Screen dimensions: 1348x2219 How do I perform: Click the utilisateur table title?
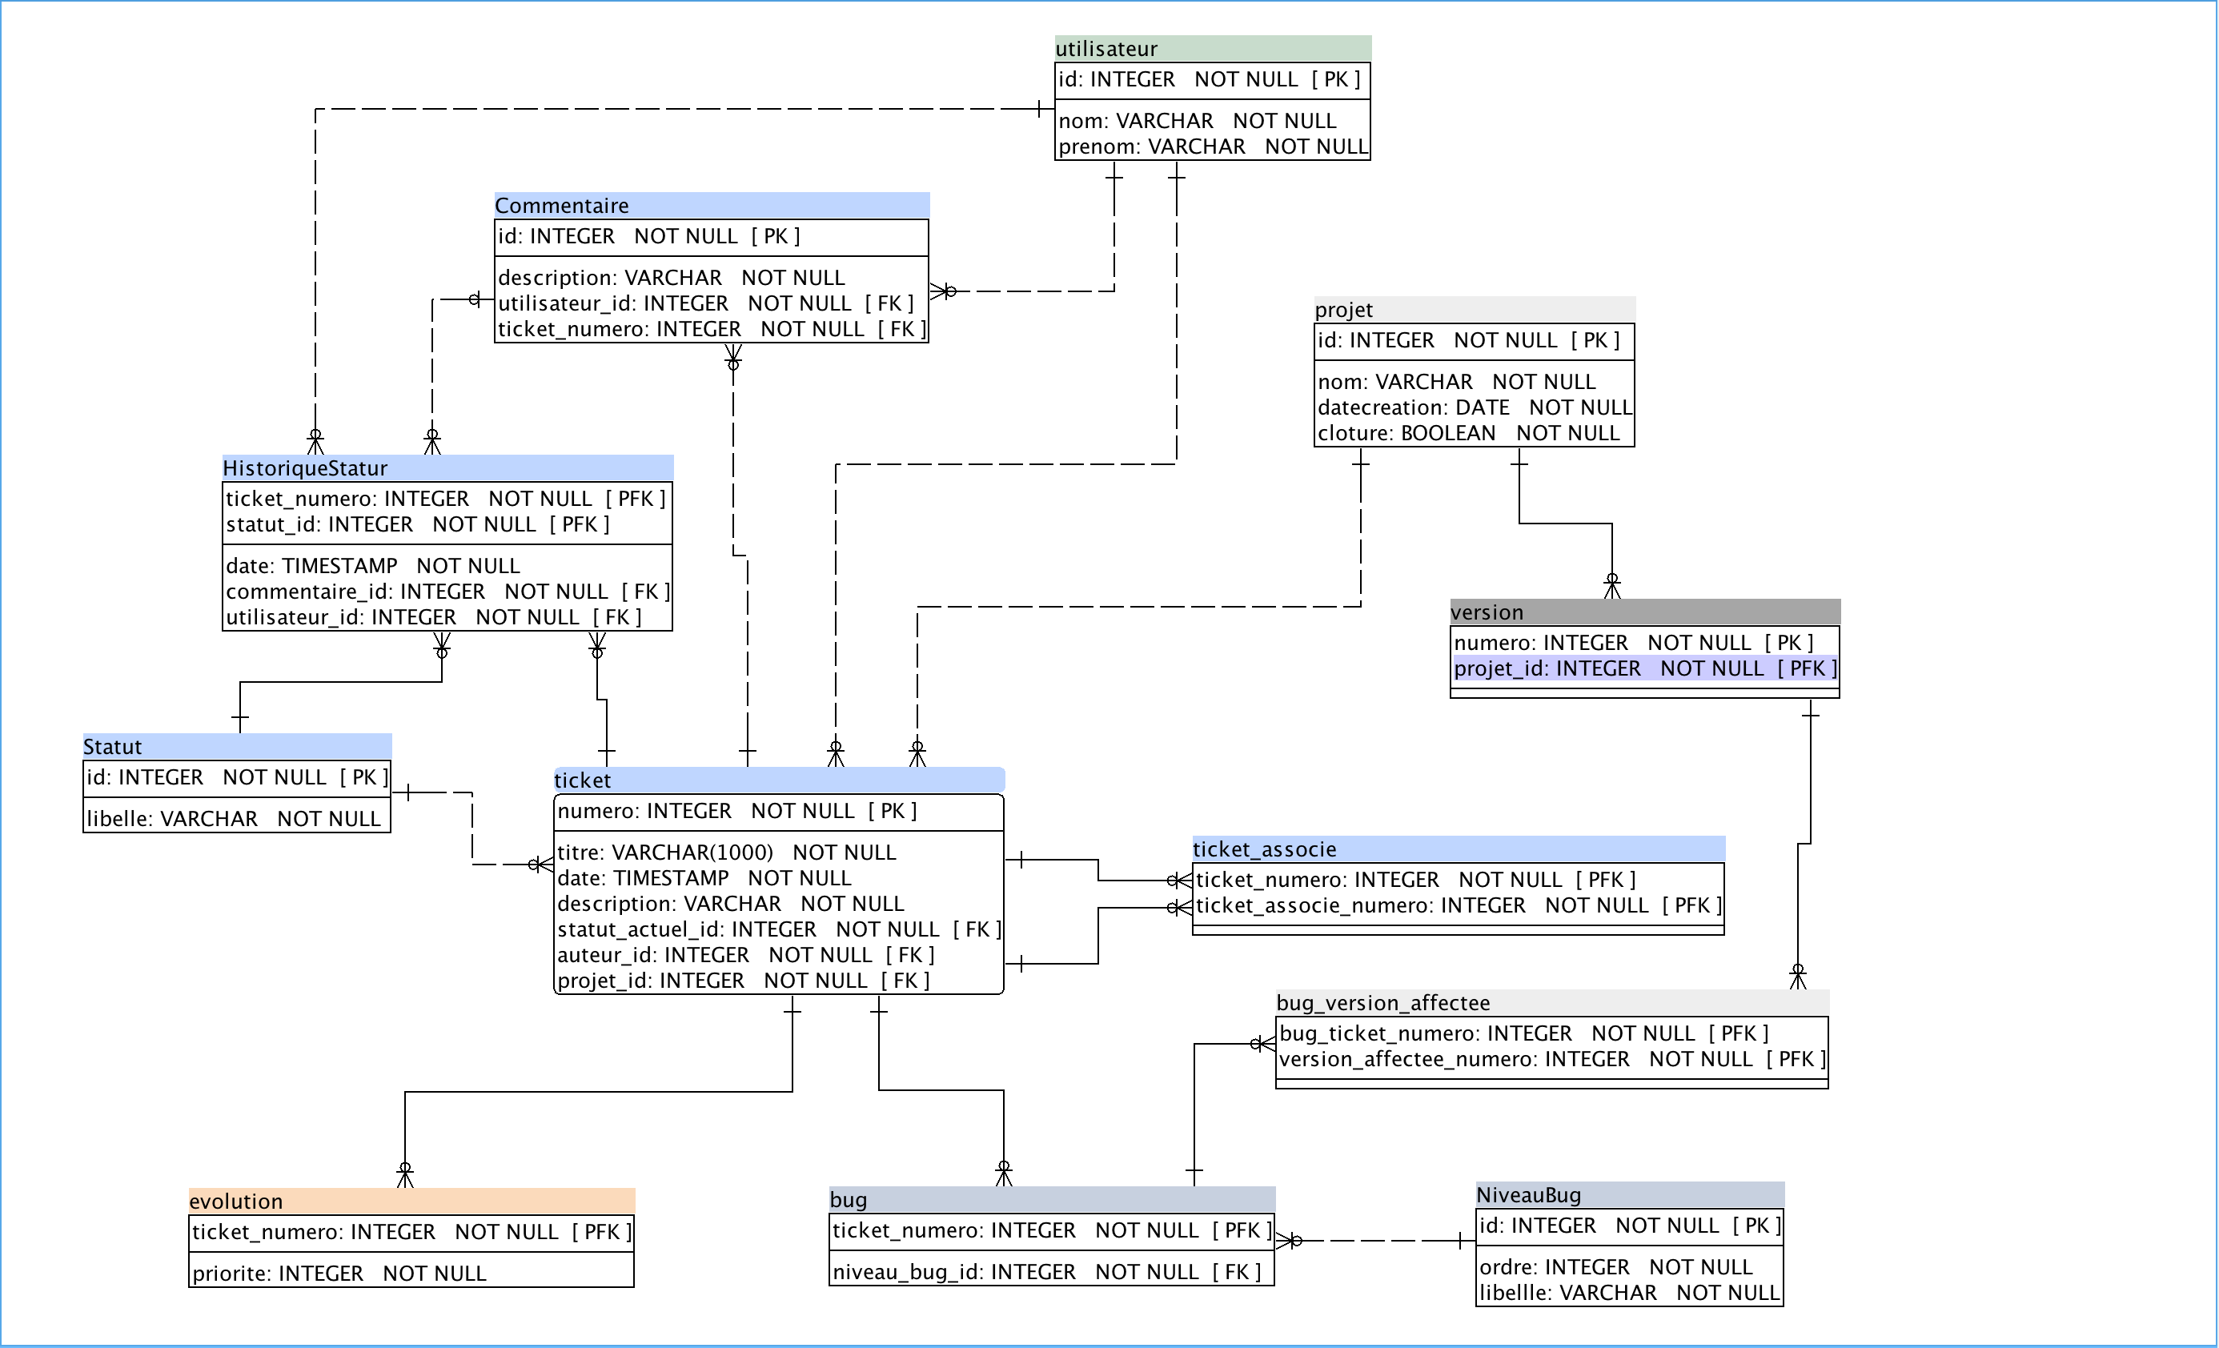(1106, 49)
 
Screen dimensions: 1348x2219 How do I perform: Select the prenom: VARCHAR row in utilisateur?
(1212, 146)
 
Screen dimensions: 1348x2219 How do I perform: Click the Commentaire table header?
(562, 205)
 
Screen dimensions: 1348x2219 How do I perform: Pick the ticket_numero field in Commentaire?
(712, 330)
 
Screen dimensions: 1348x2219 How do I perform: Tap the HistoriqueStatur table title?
(305, 468)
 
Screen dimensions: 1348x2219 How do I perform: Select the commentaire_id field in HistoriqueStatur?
(447, 592)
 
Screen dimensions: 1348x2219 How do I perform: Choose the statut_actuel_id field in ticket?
(778, 929)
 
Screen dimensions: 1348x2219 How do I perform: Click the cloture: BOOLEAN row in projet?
(1468, 433)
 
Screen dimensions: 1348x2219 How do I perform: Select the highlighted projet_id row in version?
(1644, 668)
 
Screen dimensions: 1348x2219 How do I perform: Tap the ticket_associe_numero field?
(1457, 906)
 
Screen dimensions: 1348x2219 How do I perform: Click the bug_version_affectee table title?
(1382, 1003)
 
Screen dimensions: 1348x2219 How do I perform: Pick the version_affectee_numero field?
(1551, 1060)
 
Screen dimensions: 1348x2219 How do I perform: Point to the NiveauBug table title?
(1528, 1195)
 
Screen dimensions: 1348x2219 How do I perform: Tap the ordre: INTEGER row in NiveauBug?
(1615, 1267)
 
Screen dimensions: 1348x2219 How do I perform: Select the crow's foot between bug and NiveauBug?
(1290, 1241)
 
